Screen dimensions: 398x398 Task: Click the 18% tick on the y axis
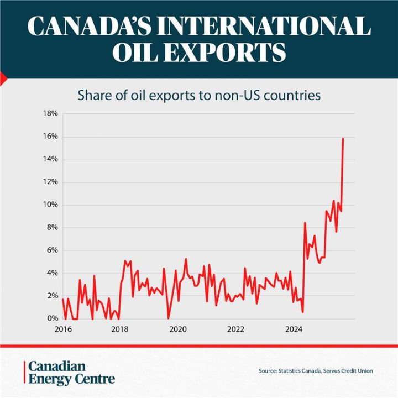pos(50,114)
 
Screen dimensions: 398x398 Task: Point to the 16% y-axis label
pos(50,137)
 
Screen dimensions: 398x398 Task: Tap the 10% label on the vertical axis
pos(50,205)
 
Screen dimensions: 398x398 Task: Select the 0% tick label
pos(53,319)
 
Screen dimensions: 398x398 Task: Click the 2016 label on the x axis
pos(63,330)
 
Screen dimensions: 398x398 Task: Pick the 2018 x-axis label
pos(120,330)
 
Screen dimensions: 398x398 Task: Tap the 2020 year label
pos(177,330)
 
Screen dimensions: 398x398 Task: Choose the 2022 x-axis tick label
pos(235,330)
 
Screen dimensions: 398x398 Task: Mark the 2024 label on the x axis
pos(293,330)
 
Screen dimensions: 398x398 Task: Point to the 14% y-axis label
pos(50,160)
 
